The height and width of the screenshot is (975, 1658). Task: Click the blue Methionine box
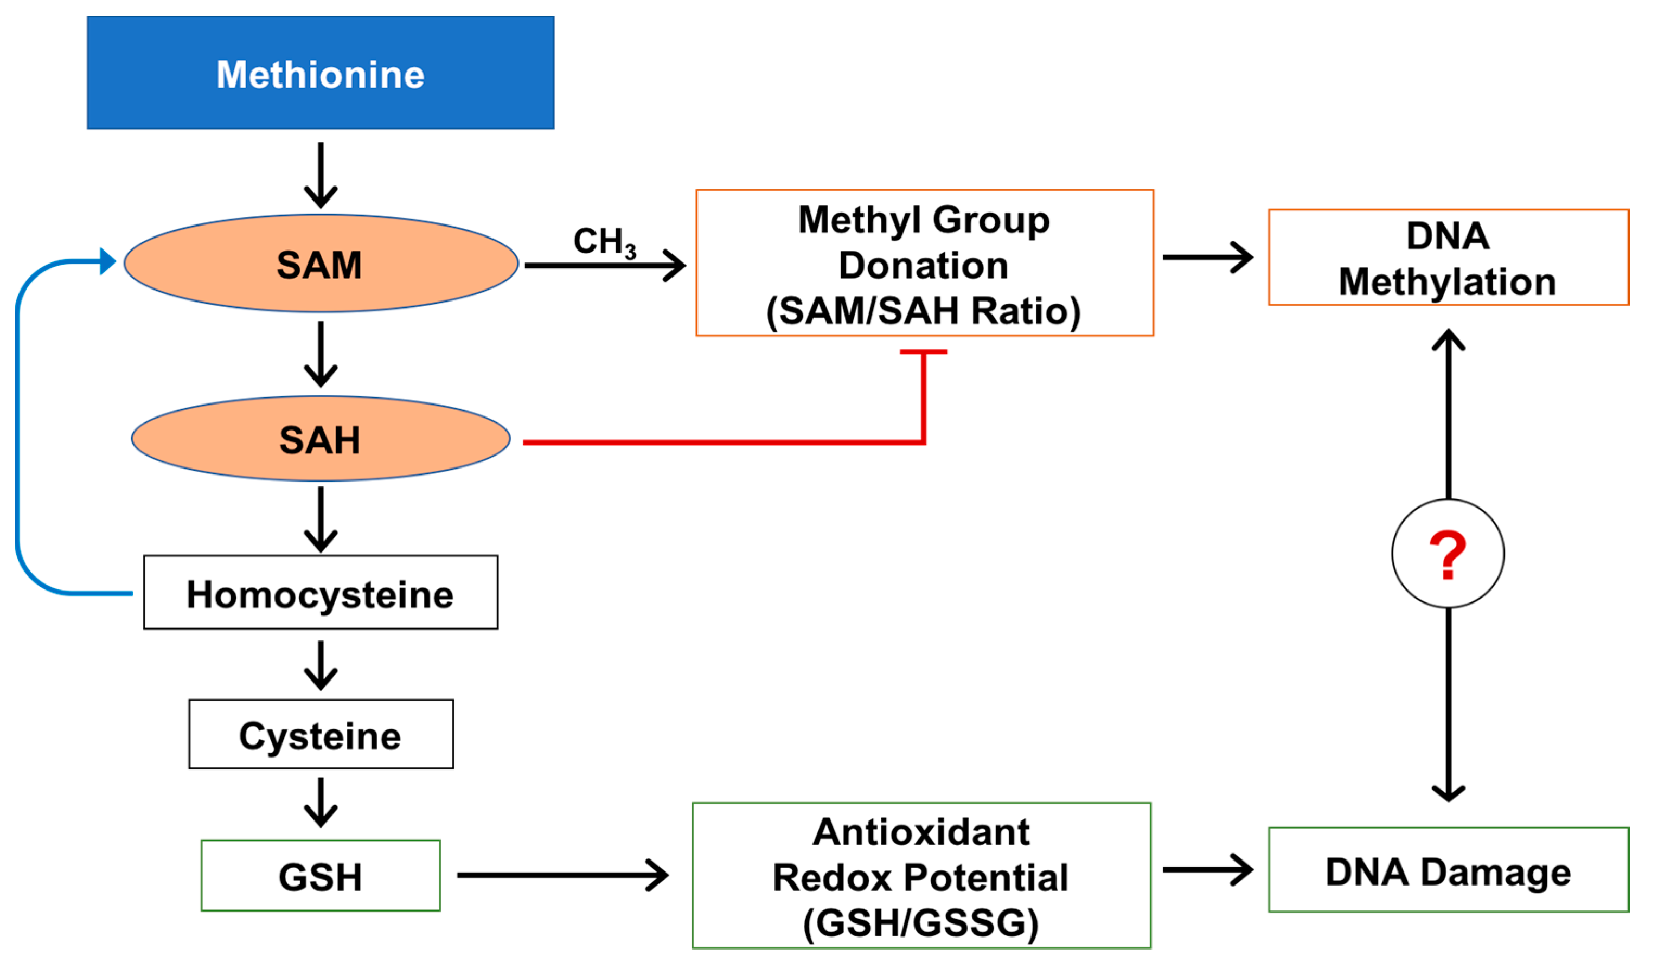coord(321,73)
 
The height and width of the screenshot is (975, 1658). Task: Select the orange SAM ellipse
coord(321,264)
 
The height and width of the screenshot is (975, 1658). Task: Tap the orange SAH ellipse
coord(321,439)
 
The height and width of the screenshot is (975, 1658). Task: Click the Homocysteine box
coord(321,593)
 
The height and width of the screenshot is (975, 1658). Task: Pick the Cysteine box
coord(321,734)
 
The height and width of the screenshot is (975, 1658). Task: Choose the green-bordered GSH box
coord(321,876)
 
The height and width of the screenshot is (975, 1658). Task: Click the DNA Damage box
coord(1448,870)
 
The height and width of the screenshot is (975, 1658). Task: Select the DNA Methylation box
coord(1448,258)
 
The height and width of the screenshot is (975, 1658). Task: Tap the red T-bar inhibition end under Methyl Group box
coord(924,352)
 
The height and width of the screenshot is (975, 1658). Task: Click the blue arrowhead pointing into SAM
coord(107,261)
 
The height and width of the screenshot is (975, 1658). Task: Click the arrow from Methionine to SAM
coord(321,175)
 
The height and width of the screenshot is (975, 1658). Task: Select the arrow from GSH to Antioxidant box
coord(562,875)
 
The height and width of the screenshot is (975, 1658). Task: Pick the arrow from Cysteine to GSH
coord(321,802)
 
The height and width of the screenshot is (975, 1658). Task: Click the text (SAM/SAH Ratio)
coord(923,311)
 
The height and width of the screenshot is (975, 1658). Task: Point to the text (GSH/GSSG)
coord(920,922)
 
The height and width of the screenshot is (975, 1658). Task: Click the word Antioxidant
coord(920,832)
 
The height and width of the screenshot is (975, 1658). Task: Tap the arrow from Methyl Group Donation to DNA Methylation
coord(1207,257)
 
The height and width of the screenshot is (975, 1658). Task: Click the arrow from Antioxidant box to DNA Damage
coord(1207,870)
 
